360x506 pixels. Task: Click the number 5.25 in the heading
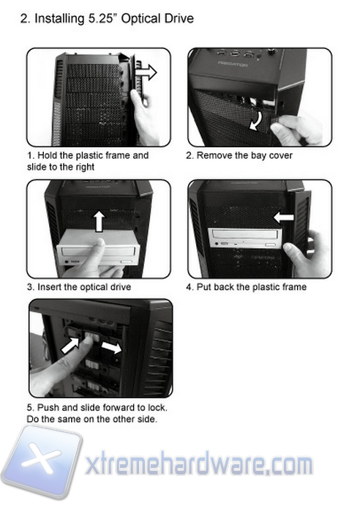(102, 18)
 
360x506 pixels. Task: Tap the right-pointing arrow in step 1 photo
(146, 72)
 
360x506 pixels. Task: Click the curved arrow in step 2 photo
(257, 120)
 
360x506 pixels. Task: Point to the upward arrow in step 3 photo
(100, 221)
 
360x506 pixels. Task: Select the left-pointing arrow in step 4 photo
(284, 217)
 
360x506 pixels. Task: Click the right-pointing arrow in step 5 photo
(112, 348)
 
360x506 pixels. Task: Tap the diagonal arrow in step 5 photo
(71, 346)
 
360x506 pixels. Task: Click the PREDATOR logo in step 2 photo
(233, 64)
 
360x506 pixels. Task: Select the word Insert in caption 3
(49, 287)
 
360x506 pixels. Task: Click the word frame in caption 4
(292, 287)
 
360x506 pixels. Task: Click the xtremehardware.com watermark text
(199, 464)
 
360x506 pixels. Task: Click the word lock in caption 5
(157, 408)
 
